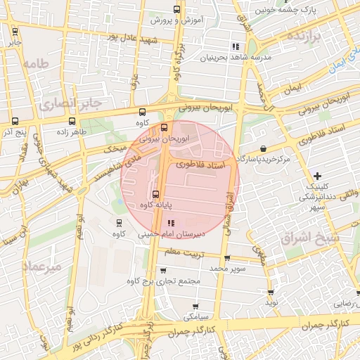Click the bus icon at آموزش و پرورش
[175, 11]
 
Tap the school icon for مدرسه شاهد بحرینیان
[235, 47]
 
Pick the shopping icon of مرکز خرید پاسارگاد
[263, 148]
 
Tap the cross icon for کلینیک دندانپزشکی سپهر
[318, 175]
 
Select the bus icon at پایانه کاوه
[155, 195]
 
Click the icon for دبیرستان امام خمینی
[170, 222]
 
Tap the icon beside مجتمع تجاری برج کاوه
[163, 270]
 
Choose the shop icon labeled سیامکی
[195, 306]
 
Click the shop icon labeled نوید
[271, 292]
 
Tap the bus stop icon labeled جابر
[15, 31]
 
